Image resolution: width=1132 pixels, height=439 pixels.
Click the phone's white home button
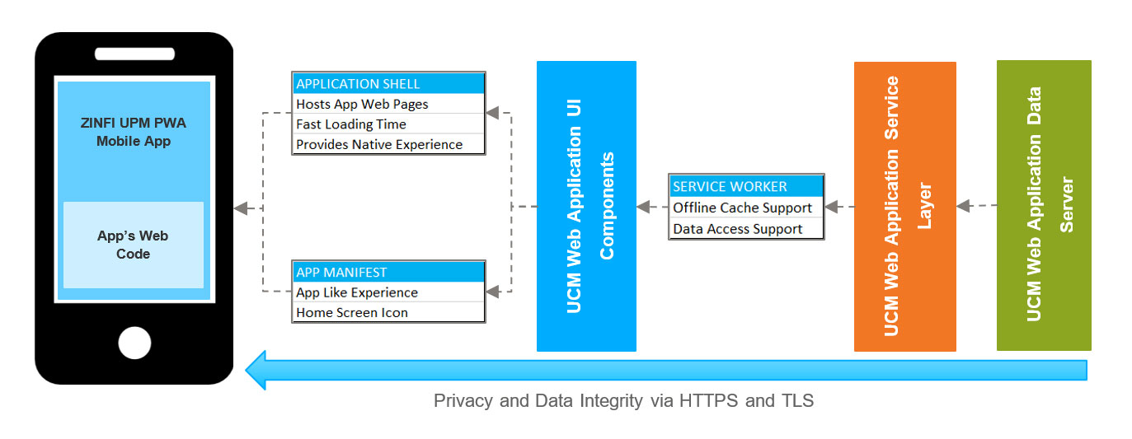[x=134, y=343]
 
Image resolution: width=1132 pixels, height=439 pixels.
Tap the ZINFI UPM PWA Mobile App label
[x=134, y=133]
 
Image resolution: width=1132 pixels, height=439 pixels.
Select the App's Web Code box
[x=134, y=245]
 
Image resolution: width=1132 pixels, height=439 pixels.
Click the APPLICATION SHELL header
[x=388, y=84]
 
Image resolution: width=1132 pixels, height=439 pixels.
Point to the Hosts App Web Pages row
[x=388, y=104]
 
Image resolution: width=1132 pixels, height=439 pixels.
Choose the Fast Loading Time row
[x=388, y=124]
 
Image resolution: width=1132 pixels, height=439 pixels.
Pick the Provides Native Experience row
[x=388, y=144]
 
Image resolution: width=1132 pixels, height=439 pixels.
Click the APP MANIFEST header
[x=388, y=272]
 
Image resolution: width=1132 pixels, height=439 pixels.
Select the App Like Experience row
[x=388, y=292]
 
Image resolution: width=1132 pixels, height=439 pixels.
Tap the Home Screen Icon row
[x=388, y=312]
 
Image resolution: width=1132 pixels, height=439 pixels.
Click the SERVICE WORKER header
[x=746, y=186]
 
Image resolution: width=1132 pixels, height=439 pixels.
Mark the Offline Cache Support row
[x=746, y=208]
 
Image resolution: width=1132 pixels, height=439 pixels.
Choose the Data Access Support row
[x=746, y=229]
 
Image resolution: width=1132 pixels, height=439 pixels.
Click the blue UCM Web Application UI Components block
[x=586, y=206]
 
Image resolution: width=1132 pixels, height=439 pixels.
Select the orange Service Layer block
[x=904, y=206]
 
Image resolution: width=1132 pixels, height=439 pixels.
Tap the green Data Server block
[x=1044, y=205]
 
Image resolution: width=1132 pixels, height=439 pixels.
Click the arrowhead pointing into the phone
[x=242, y=208]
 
